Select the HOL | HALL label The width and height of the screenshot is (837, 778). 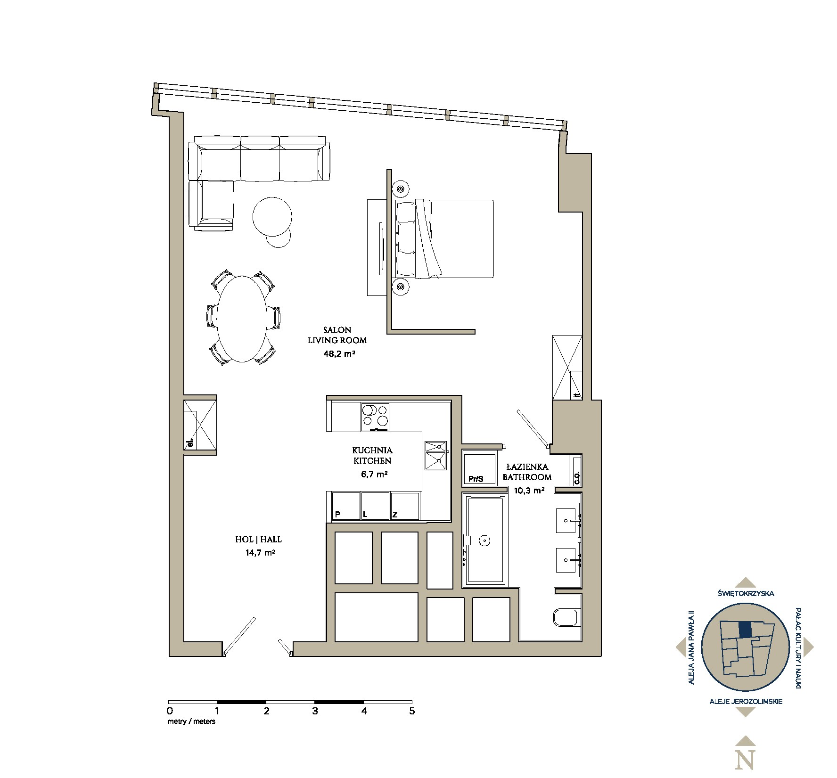pyautogui.click(x=259, y=540)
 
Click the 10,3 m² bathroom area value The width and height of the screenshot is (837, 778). pyautogui.click(x=526, y=490)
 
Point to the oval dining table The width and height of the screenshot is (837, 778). pyautogui.click(x=242, y=319)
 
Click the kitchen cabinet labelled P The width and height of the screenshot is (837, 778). pyautogui.click(x=337, y=515)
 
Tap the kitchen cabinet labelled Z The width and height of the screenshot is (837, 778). pyautogui.click(x=395, y=515)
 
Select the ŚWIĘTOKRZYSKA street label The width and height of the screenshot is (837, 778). pyautogui.click(x=745, y=594)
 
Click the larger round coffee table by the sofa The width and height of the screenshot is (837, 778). pyautogui.click(x=272, y=216)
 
